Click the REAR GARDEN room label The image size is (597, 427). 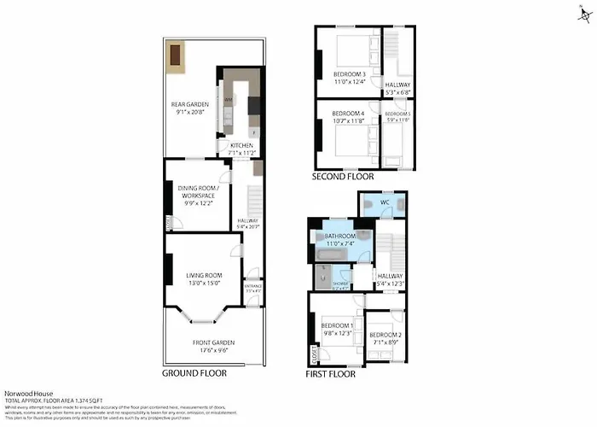pos(190,105)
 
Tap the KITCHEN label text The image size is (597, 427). pos(241,146)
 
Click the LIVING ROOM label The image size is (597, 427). pos(204,275)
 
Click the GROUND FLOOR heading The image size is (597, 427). pos(195,374)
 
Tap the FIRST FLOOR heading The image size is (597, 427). pos(331,374)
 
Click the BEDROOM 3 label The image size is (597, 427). pos(349,73)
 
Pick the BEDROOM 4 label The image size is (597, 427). pos(347,114)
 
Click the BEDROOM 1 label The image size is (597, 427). pos(336,325)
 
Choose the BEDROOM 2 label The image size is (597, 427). pos(385,334)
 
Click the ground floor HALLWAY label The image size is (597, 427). pos(246,219)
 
